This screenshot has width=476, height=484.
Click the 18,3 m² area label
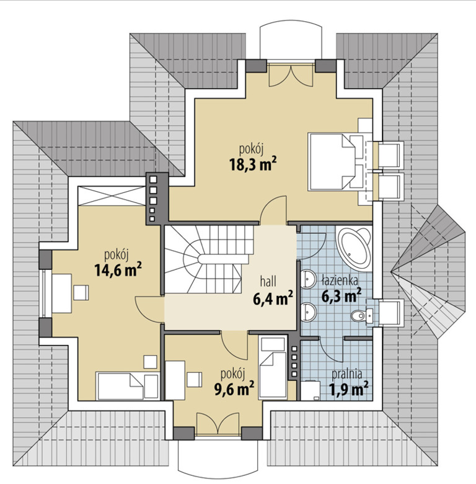252,164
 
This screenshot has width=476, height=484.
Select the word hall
268,282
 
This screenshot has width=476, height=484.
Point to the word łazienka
340,280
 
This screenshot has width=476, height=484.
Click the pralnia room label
347,374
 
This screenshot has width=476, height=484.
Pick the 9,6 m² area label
234,388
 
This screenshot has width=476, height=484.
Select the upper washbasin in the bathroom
308,279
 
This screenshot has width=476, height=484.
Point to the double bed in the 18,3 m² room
335,162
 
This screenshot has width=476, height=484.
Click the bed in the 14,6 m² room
128,386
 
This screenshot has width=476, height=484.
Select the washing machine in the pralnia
310,392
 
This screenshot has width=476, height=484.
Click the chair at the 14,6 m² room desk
81,293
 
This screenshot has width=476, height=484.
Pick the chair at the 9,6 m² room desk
195,380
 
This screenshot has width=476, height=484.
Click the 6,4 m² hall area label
273,299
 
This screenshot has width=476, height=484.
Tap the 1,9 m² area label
350,388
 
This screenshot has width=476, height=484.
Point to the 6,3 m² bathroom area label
342,295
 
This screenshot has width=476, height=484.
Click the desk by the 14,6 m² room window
61,294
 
